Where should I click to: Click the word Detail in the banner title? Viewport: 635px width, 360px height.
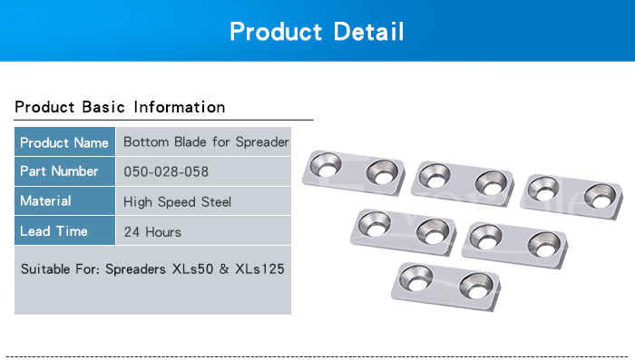pyautogui.click(x=368, y=31)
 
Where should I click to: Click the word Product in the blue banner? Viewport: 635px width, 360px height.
pyautogui.click(x=276, y=31)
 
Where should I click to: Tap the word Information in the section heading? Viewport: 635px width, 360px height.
pyautogui.click(x=180, y=107)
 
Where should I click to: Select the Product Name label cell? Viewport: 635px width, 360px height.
pyautogui.click(x=64, y=141)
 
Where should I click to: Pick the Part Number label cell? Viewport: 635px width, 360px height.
pyautogui.click(x=64, y=171)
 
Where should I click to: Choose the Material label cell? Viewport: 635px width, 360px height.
pyautogui.click(x=64, y=200)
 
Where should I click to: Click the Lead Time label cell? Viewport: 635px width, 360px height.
pyautogui.click(x=64, y=230)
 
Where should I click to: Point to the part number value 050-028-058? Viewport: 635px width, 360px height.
pyautogui.click(x=166, y=171)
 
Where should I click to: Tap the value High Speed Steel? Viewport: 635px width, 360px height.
pyautogui.click(x=178, y=201)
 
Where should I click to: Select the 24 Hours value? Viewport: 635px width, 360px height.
pyautogui.click(x=152, y=231)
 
